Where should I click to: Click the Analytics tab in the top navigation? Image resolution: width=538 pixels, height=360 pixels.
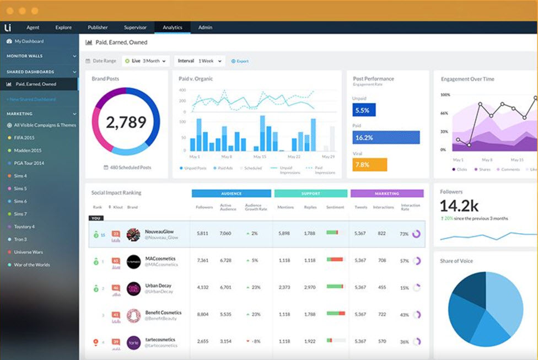[173, 27]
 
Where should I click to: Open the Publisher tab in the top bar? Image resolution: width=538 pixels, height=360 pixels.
[98, 27]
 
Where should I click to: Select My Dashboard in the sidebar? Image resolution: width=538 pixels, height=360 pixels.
[29, 41]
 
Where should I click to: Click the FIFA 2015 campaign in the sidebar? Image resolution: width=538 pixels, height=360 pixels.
[24, 138]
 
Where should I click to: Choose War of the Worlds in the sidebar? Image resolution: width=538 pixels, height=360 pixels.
[32, 265]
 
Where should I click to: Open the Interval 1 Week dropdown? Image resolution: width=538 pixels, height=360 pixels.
[200, 61]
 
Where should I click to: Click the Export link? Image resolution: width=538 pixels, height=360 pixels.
[240, 61]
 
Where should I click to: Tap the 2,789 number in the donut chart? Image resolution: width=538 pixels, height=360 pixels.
[126, 122]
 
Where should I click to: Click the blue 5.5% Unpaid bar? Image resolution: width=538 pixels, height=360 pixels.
[364, 110]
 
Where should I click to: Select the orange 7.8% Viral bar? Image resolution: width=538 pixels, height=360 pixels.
[369, 165]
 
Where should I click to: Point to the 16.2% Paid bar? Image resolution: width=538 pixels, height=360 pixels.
[386, 137]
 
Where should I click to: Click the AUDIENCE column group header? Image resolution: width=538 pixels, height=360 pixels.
[232, 194]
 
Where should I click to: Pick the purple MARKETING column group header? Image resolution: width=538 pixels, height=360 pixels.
[387, 194]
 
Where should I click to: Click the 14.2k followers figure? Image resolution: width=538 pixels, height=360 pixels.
[459, 206]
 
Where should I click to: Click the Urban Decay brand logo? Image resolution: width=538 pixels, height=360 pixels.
[133, 288]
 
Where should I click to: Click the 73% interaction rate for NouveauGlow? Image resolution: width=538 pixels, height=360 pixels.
[404, 234]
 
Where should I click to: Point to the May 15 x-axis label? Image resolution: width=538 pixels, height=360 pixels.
[259, 157]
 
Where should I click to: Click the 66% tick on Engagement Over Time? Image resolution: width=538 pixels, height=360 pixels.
[444, 113]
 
